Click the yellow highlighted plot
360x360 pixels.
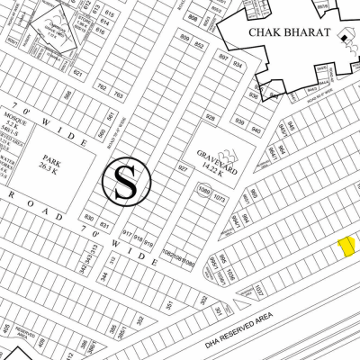345,248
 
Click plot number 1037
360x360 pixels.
258,289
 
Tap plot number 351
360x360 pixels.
168,304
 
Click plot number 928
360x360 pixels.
210,118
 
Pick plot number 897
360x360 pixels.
223,56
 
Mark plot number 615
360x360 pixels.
109,15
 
